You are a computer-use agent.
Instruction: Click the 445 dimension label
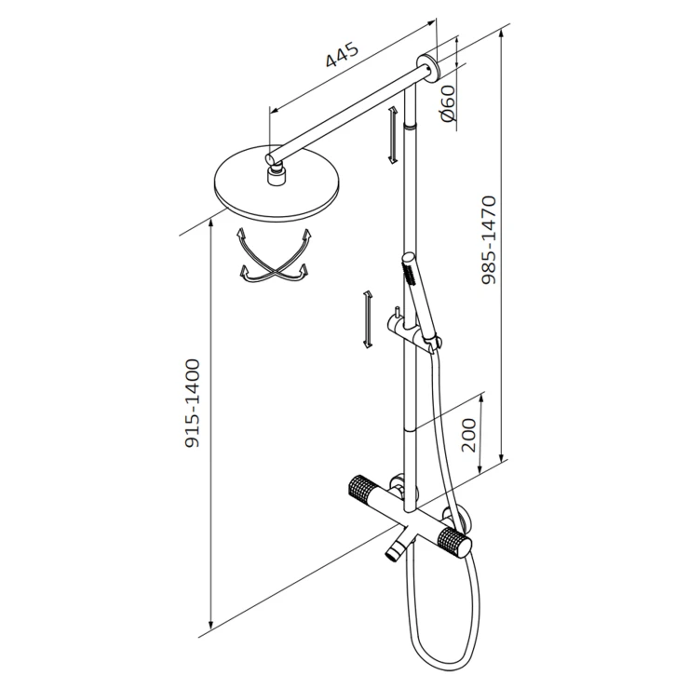coord(343,55)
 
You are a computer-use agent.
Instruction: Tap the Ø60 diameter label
coord(448,103)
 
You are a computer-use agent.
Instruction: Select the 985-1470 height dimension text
coord(489,240)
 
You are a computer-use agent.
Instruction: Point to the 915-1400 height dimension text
coord(192,403)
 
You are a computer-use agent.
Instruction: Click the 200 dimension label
coord(469,435)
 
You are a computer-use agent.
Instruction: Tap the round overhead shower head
coord(277,183)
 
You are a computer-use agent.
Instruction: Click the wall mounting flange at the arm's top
coord(428,69)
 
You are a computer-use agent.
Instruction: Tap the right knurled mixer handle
coord(454,542)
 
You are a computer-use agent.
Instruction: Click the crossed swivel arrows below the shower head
coord(274,256)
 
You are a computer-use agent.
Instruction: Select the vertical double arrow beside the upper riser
coord(392,135)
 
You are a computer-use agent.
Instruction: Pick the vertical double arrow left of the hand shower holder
coord(368,319)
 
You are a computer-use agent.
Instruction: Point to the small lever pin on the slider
coord(397,314)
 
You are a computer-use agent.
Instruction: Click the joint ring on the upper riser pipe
coord(410,127)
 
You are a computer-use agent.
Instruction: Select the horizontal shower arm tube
coord(347,114)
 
